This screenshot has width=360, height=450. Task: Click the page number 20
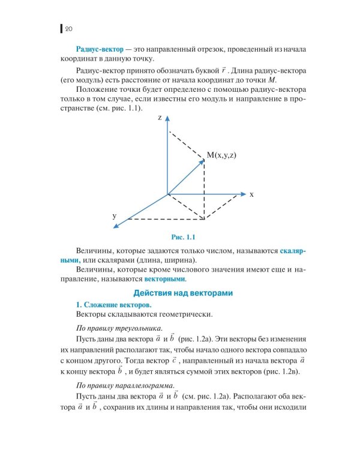click(68, 28)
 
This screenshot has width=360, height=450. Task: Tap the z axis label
click(160, 118)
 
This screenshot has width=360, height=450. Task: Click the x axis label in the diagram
click(253, 194)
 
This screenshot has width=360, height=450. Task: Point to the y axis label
click(114, 215)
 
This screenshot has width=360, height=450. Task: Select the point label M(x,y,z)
click(222, 155)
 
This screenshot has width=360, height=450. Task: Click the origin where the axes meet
click(168, 194)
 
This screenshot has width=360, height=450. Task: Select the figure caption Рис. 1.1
click(180, 236)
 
